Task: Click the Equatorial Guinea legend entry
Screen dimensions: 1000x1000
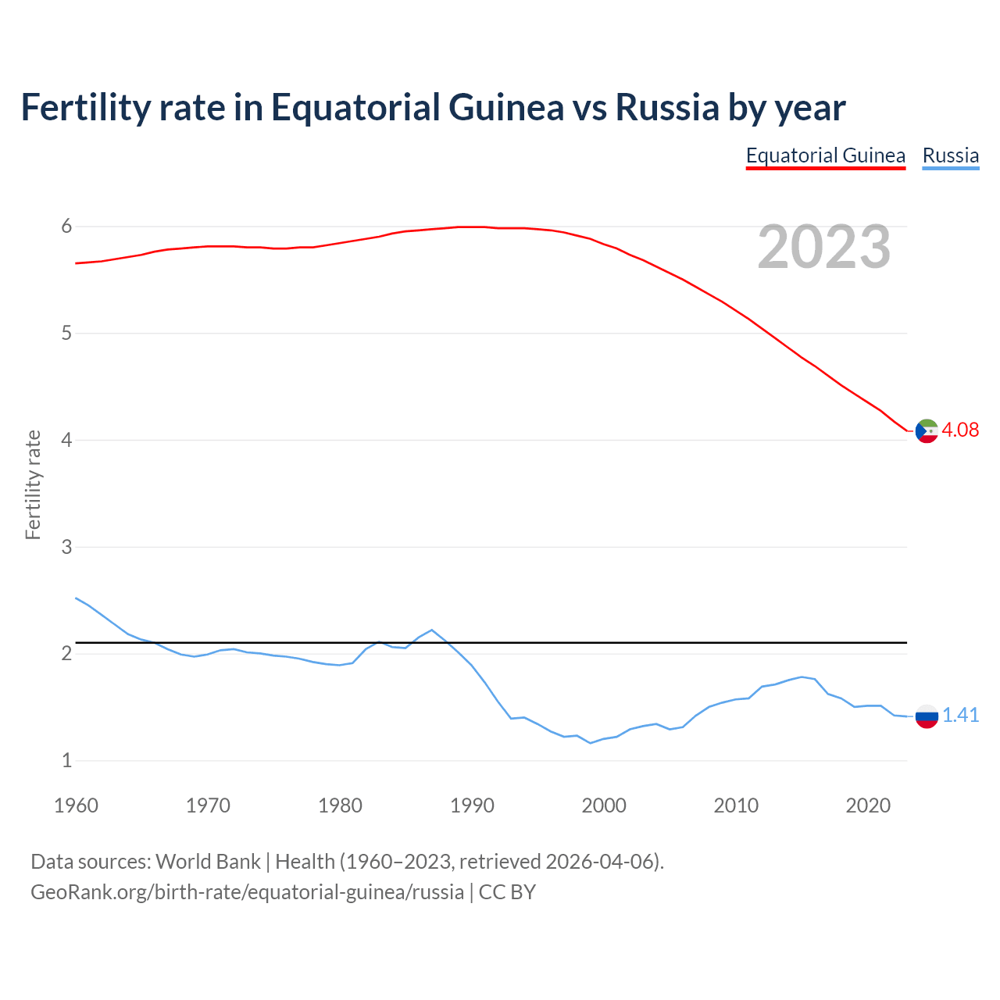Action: [825, 155]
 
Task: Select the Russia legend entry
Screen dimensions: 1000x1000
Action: [950, 155]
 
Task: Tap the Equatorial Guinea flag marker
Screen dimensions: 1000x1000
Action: [927, 430]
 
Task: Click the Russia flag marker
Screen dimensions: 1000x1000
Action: [927, 716]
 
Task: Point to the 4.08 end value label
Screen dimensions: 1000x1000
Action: [960, 430]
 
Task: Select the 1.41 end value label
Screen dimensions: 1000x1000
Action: [960, 715]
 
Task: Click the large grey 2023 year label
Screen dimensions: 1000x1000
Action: [824, 247]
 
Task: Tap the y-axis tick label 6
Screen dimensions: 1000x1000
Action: [66, 227]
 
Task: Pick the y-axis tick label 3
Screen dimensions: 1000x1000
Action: [66, 547]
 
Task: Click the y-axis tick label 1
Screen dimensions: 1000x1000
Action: [66, 760]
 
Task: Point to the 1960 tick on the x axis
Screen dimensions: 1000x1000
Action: [76, 805]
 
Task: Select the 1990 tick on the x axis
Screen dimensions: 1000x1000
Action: [472, 805]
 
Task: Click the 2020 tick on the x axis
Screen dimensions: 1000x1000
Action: [868, 805]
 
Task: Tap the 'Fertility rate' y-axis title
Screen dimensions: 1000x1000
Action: [33, 484]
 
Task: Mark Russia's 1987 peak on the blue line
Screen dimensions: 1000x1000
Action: [432, 630]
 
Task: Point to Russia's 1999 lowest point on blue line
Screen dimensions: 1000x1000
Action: [591, 743]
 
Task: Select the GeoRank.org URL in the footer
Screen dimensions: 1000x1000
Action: [247, 891]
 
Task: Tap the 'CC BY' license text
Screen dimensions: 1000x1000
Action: [507, 891]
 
